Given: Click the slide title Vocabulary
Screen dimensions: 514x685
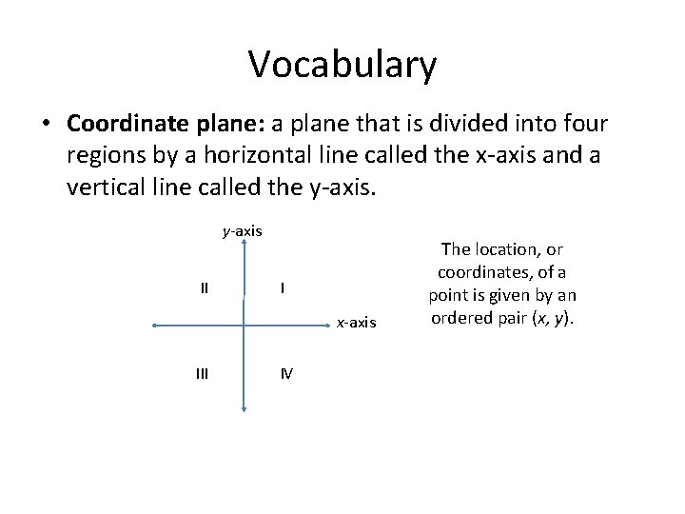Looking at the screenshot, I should point(342,65).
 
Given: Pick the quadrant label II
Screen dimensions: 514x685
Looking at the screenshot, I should point(205,287).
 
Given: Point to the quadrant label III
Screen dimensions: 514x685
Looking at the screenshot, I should point(202,373).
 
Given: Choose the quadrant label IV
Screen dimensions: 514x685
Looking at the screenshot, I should point(286,373).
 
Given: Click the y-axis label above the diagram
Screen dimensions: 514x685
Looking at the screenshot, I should point(243,230).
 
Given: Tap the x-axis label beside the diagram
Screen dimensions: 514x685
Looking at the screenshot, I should point(357,323).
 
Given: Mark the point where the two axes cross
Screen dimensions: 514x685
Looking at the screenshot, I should point(245,326).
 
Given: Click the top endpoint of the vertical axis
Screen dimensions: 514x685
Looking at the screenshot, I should point(245,242).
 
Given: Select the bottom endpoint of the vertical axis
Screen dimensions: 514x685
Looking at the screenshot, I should point(245,410).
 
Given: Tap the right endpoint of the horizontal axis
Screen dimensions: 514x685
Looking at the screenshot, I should point(329,326).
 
